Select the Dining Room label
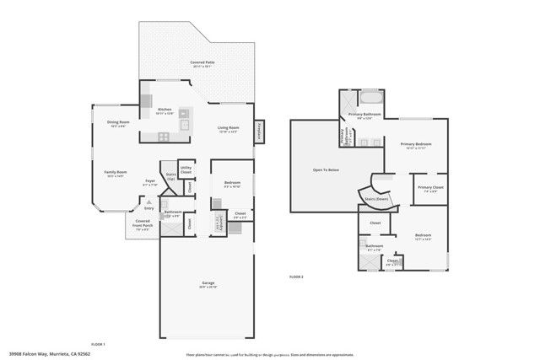[118, 123]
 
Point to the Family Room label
[116, 173]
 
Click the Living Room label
[229, 129]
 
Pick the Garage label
[208, 282]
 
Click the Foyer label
[150, 181]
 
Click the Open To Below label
[326, 170]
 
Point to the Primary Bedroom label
[418, 145]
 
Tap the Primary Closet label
[429, 188]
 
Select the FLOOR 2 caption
[296, 277]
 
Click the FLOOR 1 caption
[98, 344]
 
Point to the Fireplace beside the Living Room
[261, 131]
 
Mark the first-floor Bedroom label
[232, 183]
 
